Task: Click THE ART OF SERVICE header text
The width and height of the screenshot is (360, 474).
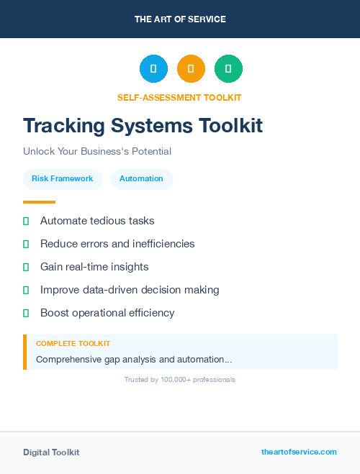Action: [180, 19]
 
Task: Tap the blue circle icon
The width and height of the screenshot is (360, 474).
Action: [153, 68]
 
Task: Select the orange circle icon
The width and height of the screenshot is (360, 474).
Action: [191, 68]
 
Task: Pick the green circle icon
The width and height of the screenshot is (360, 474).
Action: [228, 68]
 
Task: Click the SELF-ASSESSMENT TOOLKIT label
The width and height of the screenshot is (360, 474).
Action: [179, 98]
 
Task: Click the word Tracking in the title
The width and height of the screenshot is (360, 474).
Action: [63, 126]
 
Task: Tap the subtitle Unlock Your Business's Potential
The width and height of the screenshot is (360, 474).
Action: [97, 152]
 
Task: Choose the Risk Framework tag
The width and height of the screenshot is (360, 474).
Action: [63, 178]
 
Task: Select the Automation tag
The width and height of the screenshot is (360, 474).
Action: [141, 178]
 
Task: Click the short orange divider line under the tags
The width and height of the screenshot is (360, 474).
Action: [39, 202]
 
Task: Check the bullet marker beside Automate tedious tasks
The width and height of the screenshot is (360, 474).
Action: [26, 222]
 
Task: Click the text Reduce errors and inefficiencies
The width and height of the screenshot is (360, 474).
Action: [117, 244]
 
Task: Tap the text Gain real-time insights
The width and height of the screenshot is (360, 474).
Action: [94, 267]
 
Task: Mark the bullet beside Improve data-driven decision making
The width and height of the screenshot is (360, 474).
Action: [26, 291]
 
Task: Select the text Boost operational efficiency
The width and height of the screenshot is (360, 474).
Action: [107, 313]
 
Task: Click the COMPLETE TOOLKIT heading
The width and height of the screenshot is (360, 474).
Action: [73, 344]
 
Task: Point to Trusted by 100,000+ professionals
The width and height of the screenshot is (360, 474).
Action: [180, 379]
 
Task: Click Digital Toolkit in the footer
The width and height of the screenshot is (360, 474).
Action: [51, 452]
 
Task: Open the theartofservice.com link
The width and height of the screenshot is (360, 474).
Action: [299, 452]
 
